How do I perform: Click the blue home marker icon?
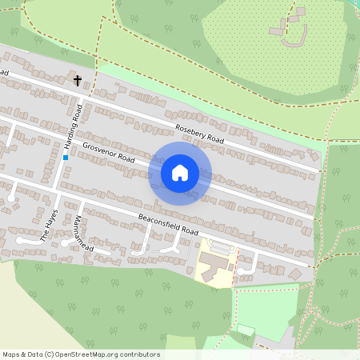180,173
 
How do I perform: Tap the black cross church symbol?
78,80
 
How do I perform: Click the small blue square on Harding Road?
65,158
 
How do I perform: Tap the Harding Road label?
73,126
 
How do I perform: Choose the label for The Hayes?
49,225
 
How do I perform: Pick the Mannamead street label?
77,232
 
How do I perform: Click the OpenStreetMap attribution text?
81,354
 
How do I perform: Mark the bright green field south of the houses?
264,308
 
